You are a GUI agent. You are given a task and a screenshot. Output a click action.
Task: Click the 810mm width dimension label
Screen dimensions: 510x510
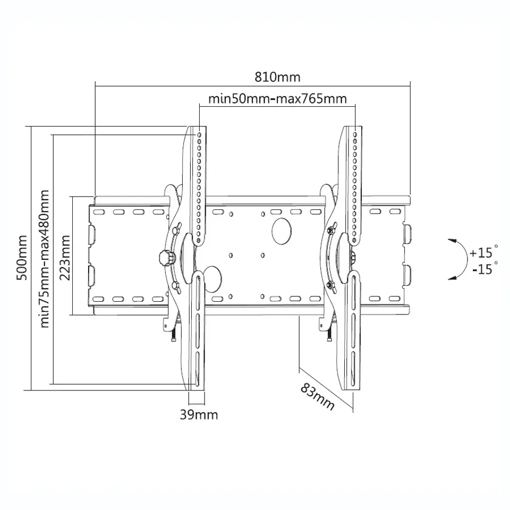[277, 78]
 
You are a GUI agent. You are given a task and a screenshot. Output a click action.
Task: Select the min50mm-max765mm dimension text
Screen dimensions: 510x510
[277, 98]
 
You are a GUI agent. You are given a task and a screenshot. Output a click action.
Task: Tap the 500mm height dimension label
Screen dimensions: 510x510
[22, 258]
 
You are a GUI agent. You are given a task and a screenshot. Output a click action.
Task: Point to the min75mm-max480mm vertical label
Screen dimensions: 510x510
[44, 259]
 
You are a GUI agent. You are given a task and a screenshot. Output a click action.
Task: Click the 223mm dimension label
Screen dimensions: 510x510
[65, 258]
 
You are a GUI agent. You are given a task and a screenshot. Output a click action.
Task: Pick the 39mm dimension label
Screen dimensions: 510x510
[199, 415]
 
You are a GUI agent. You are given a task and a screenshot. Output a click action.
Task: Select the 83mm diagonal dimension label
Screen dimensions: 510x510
[317, 396]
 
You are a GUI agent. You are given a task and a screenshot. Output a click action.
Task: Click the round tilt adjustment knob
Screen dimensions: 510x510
[166, 258]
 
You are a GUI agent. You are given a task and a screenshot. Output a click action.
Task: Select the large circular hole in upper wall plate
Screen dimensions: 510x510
[282, 231]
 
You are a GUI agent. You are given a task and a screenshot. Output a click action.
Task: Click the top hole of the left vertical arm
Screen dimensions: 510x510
[199, 134]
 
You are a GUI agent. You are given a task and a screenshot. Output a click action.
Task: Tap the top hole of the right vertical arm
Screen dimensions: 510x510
[355, 134]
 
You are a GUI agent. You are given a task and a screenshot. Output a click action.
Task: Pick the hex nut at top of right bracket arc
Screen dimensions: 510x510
[331, 230]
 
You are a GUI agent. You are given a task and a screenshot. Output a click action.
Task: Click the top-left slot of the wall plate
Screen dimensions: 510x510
[99, 212]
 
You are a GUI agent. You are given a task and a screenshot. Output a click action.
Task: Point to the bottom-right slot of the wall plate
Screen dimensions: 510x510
[395, 298]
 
